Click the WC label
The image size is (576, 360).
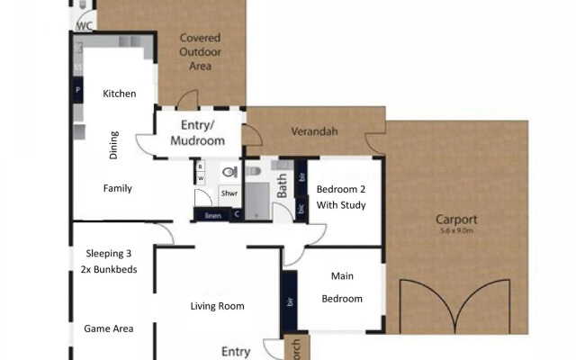pos(85,26)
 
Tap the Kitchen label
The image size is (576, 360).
pos(119,94)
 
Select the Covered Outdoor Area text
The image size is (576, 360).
pos(200,52)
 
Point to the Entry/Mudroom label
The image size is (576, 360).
pos(197,133)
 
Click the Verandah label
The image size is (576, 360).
pos(314,132)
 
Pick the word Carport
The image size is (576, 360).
pos(456,219)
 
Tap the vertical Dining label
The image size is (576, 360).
pos(113,145)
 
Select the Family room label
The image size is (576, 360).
pos(118,189)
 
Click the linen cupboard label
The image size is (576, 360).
pos(213,216)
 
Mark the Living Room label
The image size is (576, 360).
pos(218,306)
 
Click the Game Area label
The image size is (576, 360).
pos(109,328)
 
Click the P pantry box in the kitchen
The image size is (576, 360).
pos(77,91)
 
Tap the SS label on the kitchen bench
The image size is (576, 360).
pos(77,67)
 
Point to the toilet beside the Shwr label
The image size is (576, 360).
pos(229,170)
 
